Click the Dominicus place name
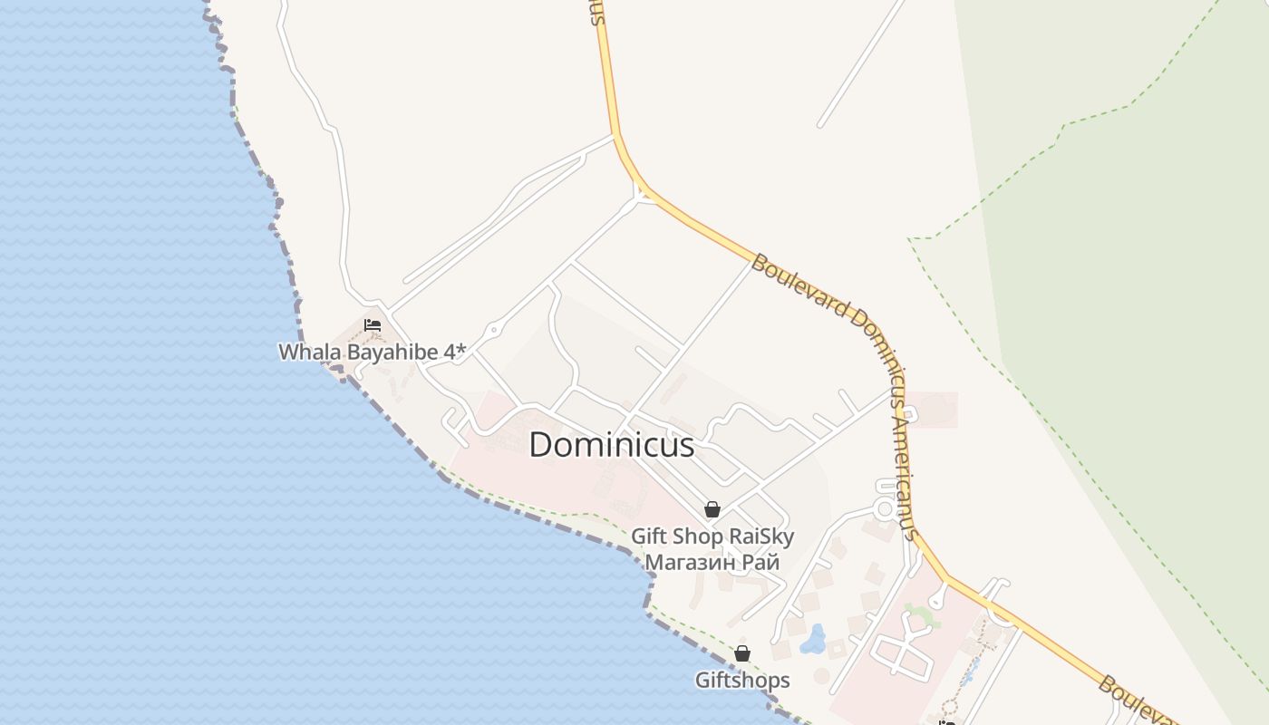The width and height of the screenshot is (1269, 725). tap(611, 445)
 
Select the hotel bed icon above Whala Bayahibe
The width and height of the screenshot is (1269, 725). tap(372, 324)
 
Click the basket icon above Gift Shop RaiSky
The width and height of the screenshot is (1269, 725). tap(712, 509)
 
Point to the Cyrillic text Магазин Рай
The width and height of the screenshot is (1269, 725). tap(712, 562)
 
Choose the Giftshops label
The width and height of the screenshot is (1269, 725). tap(742, 680)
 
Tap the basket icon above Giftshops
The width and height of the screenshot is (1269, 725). tap(742, 653)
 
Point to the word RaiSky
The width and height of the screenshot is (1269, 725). tap(761, 536)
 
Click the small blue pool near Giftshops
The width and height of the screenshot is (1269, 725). tap(813, 641)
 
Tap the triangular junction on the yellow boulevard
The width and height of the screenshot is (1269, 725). tap(643, 193)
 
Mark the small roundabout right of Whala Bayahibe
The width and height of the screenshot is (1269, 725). tap(493, 331)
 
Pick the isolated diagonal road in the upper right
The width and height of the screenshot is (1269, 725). tap(861, 63)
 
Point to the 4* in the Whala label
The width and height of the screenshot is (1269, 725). tap(454, 352)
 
